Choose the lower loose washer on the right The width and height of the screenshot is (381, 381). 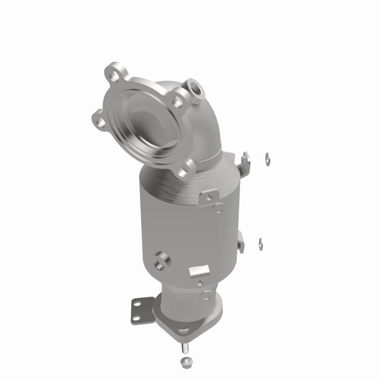(x=261, y=242)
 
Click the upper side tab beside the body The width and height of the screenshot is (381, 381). (x=246, y=161)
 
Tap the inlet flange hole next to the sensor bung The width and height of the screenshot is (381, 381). (x=177, y=100)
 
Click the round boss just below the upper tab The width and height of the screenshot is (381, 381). (x=219, y=208)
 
